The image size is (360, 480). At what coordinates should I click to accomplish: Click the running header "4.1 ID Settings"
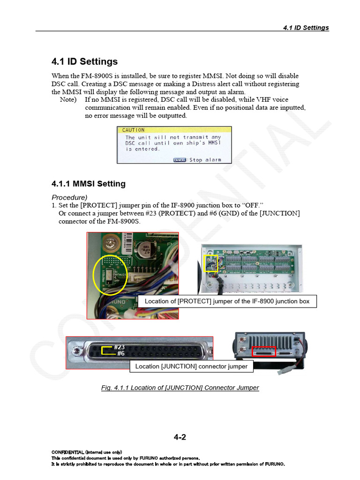pos(306,28)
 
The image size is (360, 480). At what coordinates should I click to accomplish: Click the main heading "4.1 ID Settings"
pos(84,62)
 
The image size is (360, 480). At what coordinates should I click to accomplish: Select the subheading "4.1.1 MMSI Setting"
pos(88,184)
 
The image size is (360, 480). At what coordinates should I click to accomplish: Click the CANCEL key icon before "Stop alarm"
pos(180,160)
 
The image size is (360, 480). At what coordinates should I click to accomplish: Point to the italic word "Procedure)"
pos(69,197)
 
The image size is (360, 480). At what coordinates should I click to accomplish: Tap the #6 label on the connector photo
pos(120,353)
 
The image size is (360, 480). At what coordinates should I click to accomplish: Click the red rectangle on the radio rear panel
pos(264,351)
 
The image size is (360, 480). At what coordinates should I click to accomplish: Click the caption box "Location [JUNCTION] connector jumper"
pos(191,366)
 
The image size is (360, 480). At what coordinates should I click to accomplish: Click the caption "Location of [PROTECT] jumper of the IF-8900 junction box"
pos(227,301)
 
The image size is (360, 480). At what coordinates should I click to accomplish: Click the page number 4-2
pos(180,437)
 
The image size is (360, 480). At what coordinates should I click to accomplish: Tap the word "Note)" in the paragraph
pos(68,100)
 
